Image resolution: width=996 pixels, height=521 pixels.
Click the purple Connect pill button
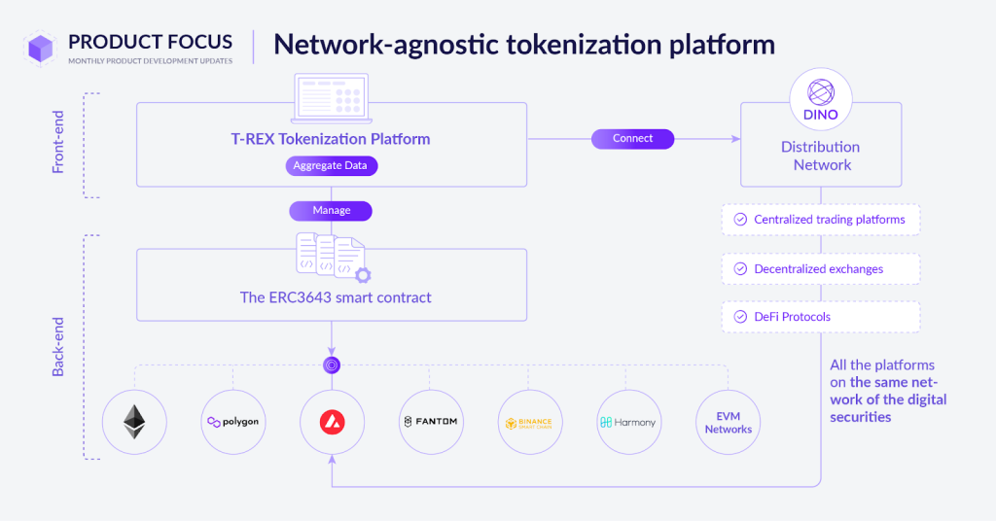632,139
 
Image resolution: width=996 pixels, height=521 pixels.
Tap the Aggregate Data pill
331,166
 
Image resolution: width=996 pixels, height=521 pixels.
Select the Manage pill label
331,211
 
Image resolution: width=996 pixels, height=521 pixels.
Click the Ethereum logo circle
133,422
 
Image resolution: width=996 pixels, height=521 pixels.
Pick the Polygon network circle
232,422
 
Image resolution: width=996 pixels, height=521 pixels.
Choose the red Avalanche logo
331,422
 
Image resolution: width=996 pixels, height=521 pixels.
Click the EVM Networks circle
728,422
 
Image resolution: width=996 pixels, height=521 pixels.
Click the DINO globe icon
821,93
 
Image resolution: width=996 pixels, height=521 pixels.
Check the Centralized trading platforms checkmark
740,220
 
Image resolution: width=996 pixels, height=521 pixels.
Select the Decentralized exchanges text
818,269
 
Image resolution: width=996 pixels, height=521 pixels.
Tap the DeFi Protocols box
821,317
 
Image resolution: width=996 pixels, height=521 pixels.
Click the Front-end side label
58,147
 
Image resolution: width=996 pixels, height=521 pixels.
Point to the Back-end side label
58,346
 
